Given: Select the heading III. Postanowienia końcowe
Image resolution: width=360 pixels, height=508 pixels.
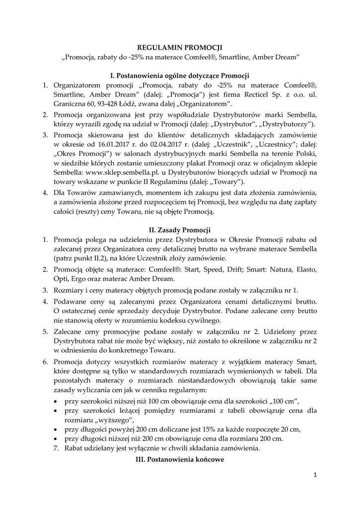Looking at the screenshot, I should pyautogui.click(x=180, y=460).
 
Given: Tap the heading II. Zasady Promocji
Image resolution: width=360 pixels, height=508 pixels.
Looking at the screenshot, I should pyautogui.click(x=180, y=230).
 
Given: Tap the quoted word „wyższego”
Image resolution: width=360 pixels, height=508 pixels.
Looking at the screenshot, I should pyautogui.click(x=116, y=420).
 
